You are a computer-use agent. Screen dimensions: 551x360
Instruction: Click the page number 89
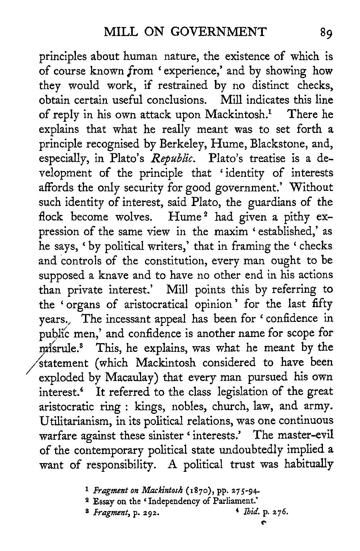(x=325, y=33)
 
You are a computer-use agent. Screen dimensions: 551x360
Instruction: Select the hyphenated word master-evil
(x=302, y=435)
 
